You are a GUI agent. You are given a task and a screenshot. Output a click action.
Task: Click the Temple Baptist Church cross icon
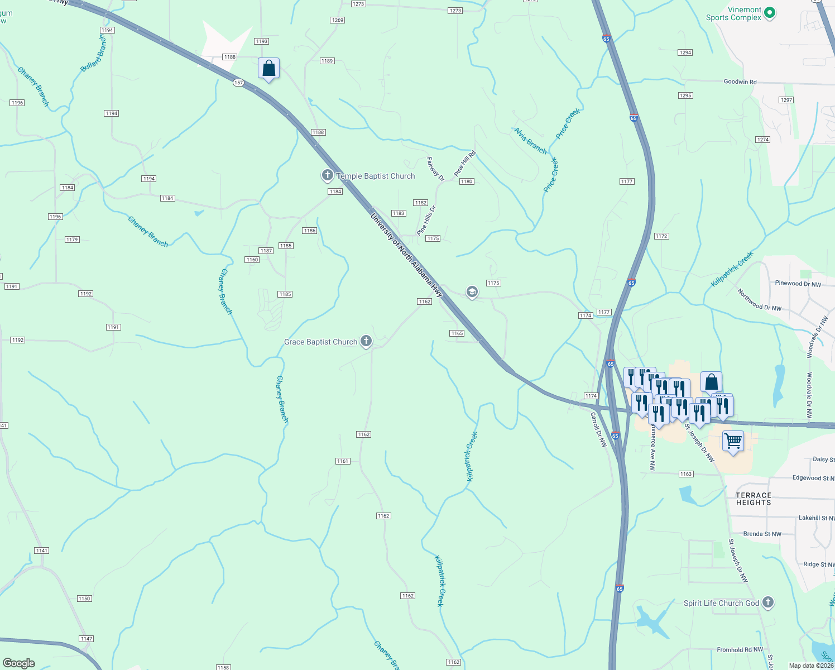[328, 175]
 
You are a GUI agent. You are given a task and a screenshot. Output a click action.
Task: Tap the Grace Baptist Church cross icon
[366, 341]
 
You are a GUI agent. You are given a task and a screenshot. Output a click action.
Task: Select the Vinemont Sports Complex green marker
[770, 12]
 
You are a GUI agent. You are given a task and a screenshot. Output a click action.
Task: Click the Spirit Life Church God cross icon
[768, 602]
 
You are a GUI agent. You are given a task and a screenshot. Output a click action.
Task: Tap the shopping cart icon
[733, 441]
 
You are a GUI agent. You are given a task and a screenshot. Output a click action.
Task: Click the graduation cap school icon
[472, 292]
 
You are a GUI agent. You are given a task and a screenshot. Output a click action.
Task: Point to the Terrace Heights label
[754, 499]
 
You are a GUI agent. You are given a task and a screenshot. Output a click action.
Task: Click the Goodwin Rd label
[740, 82]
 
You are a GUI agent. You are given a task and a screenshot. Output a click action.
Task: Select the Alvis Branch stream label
[530, 141]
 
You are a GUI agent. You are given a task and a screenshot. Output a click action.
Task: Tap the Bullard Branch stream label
[93, 54]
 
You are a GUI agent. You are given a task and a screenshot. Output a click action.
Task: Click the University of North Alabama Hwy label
[406, 255]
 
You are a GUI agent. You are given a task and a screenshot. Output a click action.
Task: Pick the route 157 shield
[239, 83]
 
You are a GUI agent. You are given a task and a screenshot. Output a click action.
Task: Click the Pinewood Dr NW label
[798, 284]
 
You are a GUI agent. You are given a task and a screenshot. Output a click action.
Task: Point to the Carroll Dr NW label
[598, 429]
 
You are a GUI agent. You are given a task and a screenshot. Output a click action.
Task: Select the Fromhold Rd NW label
[740, 650]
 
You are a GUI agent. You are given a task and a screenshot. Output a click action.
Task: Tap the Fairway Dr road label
[435, 169]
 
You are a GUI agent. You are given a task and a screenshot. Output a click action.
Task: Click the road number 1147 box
[86, 639]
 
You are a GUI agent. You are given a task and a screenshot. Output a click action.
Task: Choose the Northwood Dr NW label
[759, 300]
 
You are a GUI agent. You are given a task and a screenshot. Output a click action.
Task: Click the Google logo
[19, 663]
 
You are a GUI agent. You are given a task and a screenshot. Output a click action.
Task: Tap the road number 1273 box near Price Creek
[455, 11]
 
